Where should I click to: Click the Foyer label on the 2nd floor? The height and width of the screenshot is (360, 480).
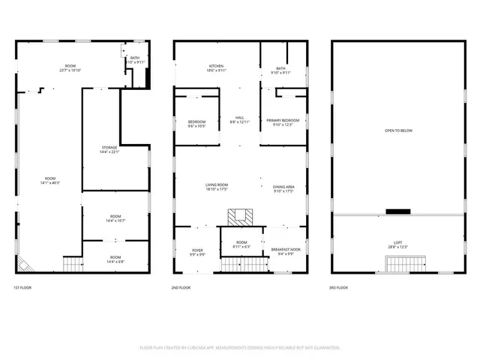pyautogui.click(x=197, y=251)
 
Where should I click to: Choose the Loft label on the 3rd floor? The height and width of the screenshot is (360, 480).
pyautogui.click(x=398, y=244)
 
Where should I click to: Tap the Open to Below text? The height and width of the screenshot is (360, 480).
pyautogui.click(x=398, y=130)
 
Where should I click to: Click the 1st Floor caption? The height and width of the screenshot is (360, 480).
pyautogui.click(x=22, y=288)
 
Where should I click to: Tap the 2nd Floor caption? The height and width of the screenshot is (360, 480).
pyautogui.click(x=181, y=288)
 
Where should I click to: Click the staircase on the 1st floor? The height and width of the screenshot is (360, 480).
pyautogui.click(x=71, y=263)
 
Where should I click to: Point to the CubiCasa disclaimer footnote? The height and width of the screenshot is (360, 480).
pyautogui.click(x=240, y=347)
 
